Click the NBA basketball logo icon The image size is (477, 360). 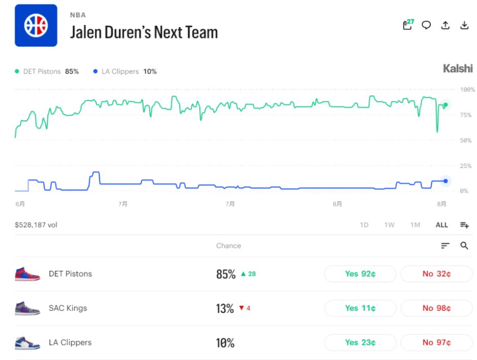(x=36, y=25)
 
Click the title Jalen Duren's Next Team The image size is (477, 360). (x=144, y=32)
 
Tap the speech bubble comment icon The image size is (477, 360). (x=426, y=25)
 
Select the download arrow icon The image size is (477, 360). (x=464, y=25)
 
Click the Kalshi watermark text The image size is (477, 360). (x=458, y=69)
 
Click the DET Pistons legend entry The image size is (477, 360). (x=47, y=72)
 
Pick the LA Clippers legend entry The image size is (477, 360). (x=125, y=72)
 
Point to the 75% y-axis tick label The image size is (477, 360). (x=466, y=115)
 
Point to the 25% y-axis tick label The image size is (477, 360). (x=466, y=166)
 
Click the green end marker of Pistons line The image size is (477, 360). (x=446, y=105)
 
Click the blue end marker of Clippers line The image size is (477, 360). (x=446, y=181)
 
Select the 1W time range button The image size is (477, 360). (x=389, y=225)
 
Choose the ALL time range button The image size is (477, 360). (x=441, y=225)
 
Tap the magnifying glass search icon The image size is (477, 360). (x=464, y=246)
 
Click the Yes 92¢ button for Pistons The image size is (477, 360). (x=360, y=274)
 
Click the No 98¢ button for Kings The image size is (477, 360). (x=436, y=308)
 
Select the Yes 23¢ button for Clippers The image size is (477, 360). (x=360, y=343)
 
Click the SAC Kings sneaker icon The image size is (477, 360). (x=27, y=308)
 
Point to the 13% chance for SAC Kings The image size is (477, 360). (x=225, y=309)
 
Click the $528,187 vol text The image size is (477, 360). (x=36, y=225)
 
